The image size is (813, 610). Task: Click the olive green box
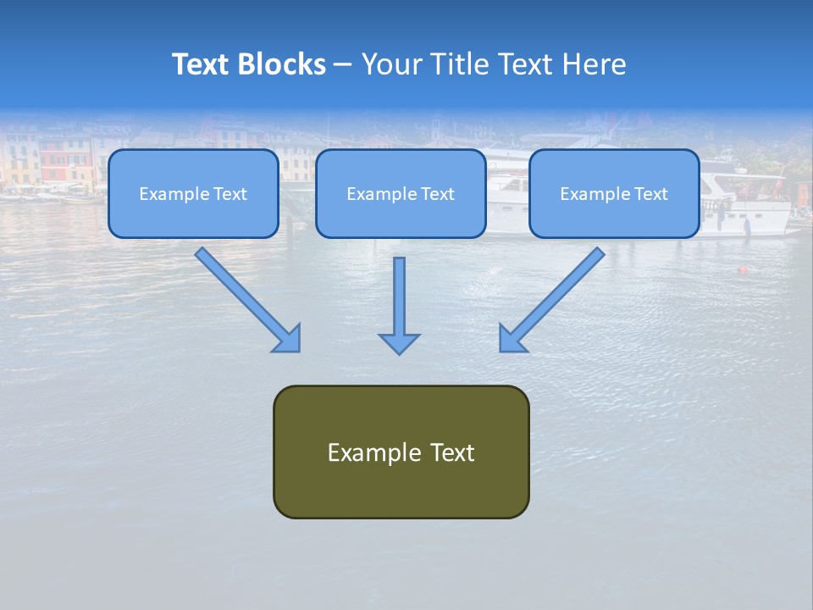tap(401, 487)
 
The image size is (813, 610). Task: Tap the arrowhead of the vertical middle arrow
tap(399, 342)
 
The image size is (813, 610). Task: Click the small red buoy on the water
tap(743, 270)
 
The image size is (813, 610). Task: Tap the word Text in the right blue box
tap(651, 194)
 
